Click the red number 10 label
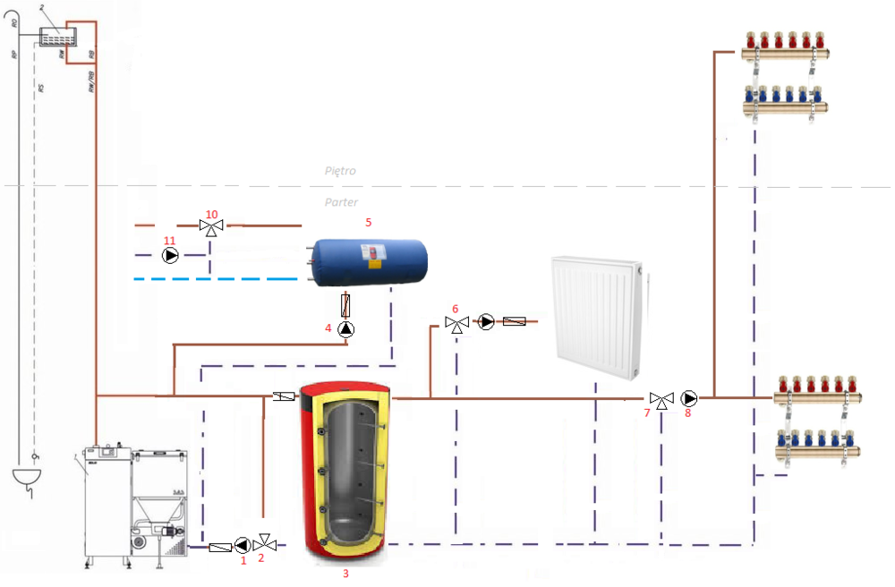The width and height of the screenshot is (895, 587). point(212,215)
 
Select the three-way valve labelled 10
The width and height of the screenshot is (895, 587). point(212,227)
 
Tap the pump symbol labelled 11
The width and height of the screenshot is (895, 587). point(171,256)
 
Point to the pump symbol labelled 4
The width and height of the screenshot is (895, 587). point(346,329)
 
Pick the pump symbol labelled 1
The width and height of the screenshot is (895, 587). point(243,545)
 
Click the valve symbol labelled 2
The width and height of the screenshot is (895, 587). point(265,544)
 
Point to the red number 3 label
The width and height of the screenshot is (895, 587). point(345,574)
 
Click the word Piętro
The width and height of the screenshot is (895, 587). point(341,170)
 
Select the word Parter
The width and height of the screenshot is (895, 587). point(341,202)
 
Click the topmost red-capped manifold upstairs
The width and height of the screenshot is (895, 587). point(783,50)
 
